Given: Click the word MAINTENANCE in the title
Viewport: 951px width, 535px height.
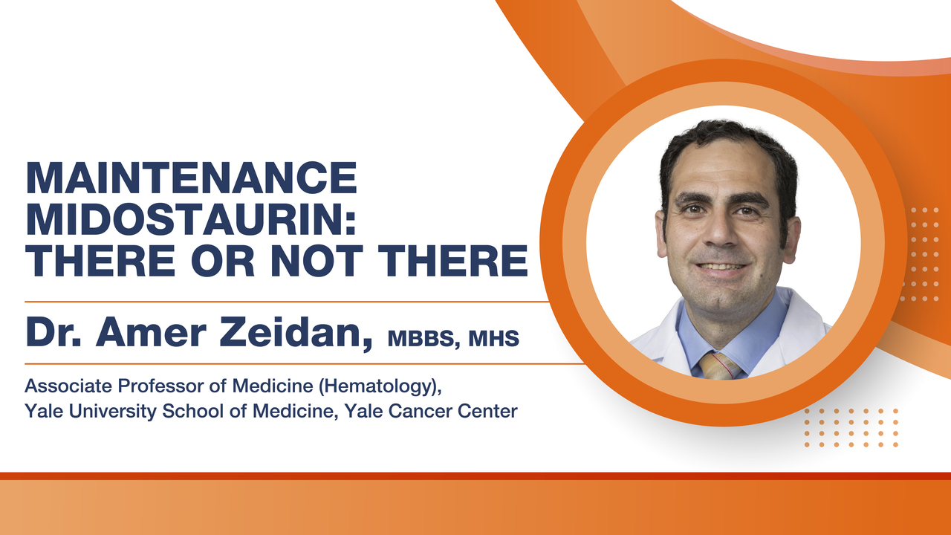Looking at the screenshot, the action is pyautogui.click(x=192, y=178).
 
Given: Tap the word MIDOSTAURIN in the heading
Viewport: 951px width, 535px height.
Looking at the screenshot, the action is pyautogui.click(x=192, y=219).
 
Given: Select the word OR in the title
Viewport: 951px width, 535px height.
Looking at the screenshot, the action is pyautogui.click(x=222, y=260).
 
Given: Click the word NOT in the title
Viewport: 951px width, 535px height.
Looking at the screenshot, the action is pyautogui.click(x=317, y=260).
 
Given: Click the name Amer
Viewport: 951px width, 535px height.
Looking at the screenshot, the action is pyautogui.click(x=151, y=333).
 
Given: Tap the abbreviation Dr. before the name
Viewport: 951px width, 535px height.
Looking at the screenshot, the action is pyautogui.click(x=53, y=333).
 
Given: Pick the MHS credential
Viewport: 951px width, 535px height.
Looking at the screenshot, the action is pyautogui.click(x=494, y=338).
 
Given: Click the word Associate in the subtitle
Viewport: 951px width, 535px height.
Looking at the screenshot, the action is pyautogui.click(x=68, y=386).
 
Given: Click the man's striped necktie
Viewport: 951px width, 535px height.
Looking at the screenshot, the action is pyautogui.click(x=719, y=366).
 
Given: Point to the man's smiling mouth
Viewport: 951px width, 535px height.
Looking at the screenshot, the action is pyautogui.click(x=721, y=267).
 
